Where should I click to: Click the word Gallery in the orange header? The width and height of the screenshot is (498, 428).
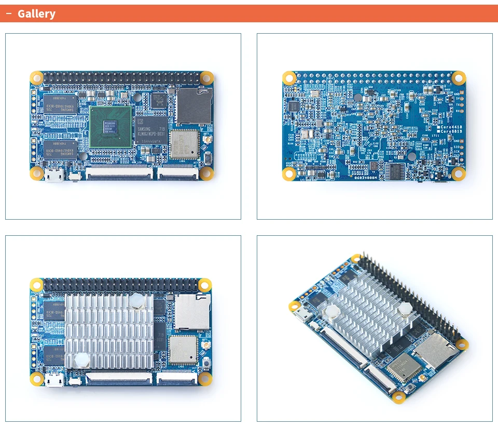pos(36,14)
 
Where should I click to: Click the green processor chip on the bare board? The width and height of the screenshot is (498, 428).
pos(110,126)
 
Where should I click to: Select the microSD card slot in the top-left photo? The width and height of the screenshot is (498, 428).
pos(193,106)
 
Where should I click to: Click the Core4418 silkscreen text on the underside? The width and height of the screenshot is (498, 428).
pos(450,127)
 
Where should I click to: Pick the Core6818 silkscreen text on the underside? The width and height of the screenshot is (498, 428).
pos(450,132)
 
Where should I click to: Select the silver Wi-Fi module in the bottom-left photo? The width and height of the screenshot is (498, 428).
pos(183,349)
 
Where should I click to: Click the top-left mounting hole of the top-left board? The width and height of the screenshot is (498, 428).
pos(36,78)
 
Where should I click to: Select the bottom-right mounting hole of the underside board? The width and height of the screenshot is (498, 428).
pos(459,174)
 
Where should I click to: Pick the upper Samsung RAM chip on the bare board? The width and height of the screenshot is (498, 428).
pos(60,104)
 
